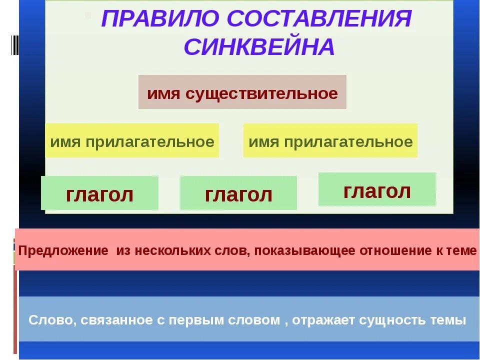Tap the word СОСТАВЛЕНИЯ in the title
pyautogui.click(x=319, y=19)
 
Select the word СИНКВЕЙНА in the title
pyautogui.click(x=258, y=47)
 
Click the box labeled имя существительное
pyautogui.click(x=242, y=92)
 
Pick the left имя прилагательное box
pyautogui.click(x=132, y=141)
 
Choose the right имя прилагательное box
pyautogui.click(x=330, y=141)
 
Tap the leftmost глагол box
pyautogui.click(x=99, y=194)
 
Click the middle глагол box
pyautogui.click(x=238, y=194)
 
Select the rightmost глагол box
pyautogui.click(x=377, y=190)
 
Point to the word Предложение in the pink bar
pyautogui.click(x=63, y=250)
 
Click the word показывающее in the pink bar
pyautogui.click(x=305, y=250)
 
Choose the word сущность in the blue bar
pyautogui.click(x=394, y=320)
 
